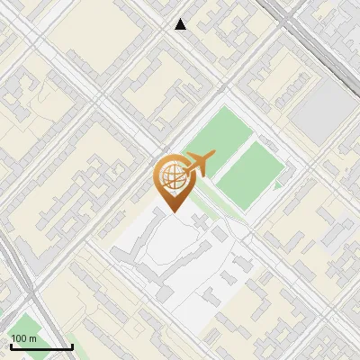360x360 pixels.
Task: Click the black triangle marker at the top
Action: tap(181, 24)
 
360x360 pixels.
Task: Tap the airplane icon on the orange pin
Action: tap(198, 165)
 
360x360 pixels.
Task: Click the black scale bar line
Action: tap(40, 346)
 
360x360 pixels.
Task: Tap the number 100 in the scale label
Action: tap(20, 338)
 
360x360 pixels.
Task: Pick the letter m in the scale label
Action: tap(33, 338)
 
